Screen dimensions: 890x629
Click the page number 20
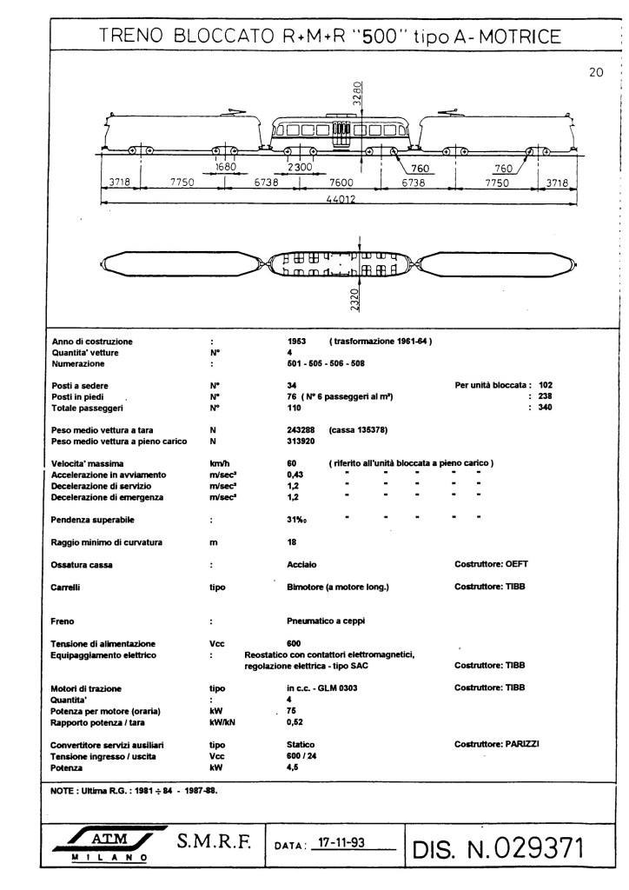[596, 74]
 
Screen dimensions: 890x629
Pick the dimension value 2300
[301, 167]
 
